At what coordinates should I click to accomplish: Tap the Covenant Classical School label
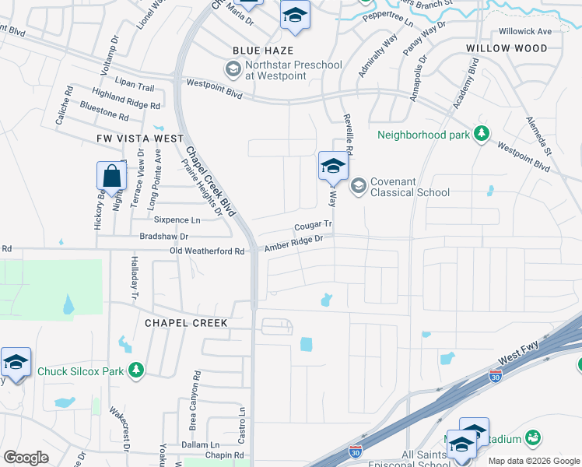tap(409, 187)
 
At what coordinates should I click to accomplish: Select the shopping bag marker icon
tap(111, 176)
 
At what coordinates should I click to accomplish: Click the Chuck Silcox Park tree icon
tap(137, 370)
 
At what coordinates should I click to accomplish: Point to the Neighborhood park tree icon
tap(482, 134)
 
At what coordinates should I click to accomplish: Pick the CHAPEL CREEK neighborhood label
tap(185, 323)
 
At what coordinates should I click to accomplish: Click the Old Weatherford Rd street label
tap(207, 251)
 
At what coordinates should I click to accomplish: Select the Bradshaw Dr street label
tap(163, 236)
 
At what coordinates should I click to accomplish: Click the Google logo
tap(26, 458)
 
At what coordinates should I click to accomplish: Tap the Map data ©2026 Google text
tap(534, 461)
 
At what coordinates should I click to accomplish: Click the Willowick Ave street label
tap(524, 31)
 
